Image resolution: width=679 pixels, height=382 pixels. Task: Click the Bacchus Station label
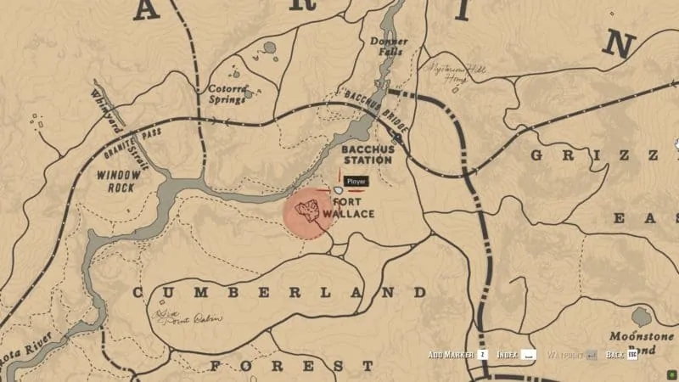coord(366,154)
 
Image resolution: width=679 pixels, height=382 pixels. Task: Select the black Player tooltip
coord(356,182)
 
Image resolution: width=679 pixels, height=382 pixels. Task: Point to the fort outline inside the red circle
coord(306,209)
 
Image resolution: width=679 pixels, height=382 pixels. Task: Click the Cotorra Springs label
coord(227,93)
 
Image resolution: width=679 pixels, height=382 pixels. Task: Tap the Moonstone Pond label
coord(642,342)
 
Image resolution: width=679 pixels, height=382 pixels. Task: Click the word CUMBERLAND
coord(279,292)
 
